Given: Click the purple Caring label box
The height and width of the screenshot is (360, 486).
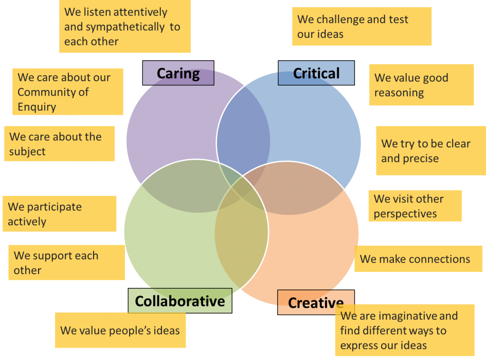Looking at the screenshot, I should (178, 73).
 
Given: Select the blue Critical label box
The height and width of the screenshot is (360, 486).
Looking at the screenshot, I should (316, 73).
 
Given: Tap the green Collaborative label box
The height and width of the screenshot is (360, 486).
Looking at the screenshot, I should (180, 301).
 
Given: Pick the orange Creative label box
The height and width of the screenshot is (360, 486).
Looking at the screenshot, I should (316, 302).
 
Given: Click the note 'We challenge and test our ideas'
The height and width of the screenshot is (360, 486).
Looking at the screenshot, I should (362, 27).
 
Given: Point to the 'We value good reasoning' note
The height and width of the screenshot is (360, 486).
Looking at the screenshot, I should (421, 85).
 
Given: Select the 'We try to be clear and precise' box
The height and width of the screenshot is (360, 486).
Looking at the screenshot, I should (430, 150).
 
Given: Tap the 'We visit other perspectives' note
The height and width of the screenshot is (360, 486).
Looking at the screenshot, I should (415, 206).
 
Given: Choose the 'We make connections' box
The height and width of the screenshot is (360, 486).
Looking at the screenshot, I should (418, 259).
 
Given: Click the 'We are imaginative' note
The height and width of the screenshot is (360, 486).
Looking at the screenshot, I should (404, 330).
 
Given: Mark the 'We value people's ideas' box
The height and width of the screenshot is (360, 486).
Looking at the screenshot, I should (120, 330).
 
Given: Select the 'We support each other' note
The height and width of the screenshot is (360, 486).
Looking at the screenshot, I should (66, 263).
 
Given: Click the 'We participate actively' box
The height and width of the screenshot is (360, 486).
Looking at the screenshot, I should (59, 214).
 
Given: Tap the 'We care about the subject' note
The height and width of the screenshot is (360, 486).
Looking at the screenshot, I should (59, 144).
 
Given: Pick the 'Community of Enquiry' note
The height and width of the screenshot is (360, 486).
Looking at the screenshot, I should (67, 92).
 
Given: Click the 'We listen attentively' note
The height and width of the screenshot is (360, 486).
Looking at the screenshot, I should (126, 27).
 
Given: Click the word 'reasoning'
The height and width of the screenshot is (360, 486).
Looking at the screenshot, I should (399, 92).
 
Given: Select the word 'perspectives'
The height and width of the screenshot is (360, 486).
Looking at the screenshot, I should (405, 213).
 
